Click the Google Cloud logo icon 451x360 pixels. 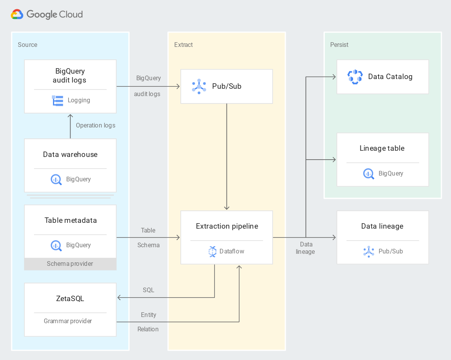17,14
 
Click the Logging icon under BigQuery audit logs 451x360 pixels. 58,100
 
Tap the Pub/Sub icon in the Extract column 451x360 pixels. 199,86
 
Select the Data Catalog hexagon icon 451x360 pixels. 355,77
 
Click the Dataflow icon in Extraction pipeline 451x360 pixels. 212,251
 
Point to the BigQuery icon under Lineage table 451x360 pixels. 369,174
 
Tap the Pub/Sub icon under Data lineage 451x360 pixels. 369,251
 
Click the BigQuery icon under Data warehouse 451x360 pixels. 56,179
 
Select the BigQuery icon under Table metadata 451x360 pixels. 56,245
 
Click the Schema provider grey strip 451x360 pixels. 70,264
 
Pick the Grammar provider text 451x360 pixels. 68,321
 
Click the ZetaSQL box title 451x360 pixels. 70,298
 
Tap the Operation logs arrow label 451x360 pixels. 95,126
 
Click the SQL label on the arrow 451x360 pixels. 148,290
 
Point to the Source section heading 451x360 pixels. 27,45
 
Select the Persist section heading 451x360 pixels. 339,45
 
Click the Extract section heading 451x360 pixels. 183,45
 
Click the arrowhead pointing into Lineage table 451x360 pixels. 334,160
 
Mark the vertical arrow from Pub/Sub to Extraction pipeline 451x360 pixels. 227,155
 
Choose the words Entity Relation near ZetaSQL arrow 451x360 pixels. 149,322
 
